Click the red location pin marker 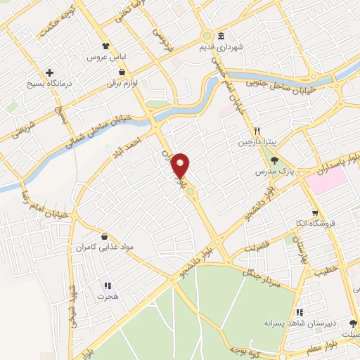[181, 165]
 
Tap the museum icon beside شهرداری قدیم [221, 36]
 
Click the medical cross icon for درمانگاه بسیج [49, 72]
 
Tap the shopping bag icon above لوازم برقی [122, 72]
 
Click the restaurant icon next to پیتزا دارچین [257, 131]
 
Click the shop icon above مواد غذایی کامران [105, 237]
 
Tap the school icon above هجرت [107, 285]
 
